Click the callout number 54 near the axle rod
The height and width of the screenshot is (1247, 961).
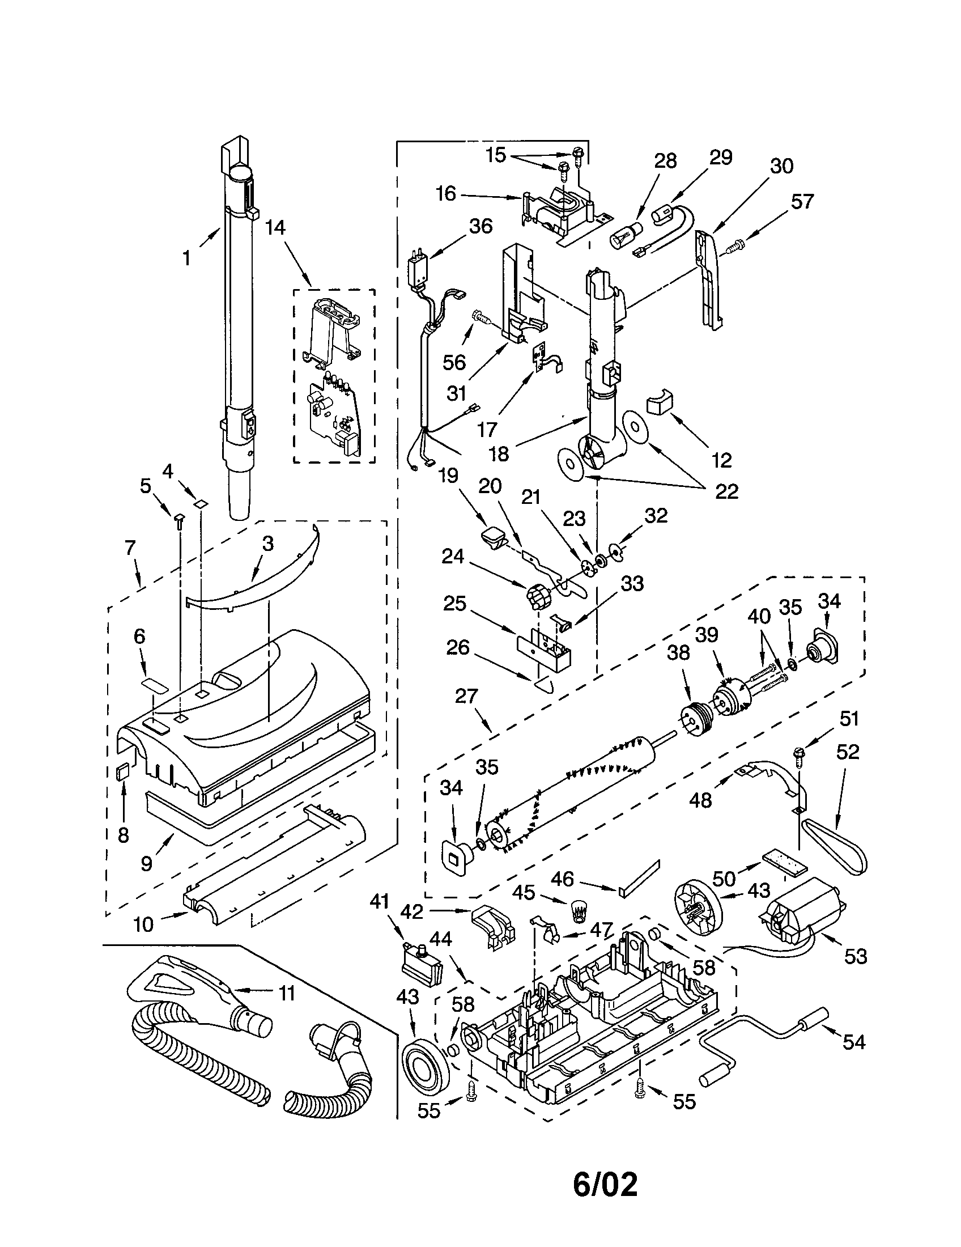[x=854, y=1042]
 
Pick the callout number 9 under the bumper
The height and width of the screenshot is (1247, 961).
[x=147, y=863]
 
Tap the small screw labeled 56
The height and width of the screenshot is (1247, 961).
[x=480, y=316]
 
